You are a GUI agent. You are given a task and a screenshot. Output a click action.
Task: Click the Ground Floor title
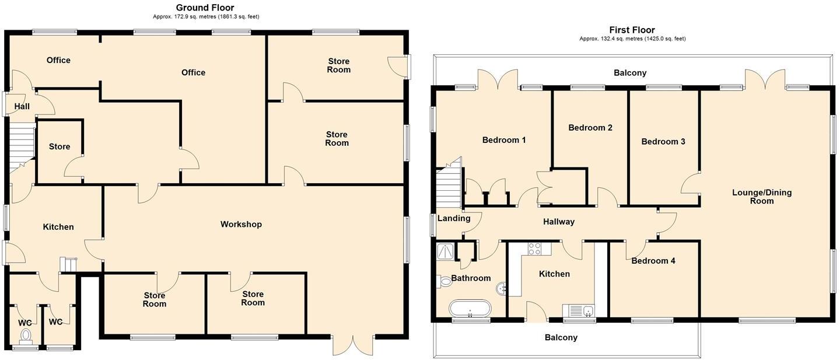205,8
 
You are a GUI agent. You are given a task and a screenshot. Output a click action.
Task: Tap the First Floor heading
632,30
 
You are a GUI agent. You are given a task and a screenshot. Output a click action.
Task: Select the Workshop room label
241,224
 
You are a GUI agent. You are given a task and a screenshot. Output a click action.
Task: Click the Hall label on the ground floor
22,106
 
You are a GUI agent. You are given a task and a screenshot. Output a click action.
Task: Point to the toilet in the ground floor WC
26,335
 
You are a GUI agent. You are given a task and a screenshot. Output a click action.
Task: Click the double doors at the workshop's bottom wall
352,345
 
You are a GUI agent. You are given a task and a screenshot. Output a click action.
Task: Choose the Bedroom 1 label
504,140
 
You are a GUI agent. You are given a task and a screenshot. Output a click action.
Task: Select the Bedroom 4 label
653,261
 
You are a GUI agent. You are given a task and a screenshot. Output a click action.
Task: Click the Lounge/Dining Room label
762,197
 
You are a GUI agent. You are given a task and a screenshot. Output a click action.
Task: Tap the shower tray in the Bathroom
446,251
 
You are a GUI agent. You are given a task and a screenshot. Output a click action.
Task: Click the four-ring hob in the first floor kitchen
535,249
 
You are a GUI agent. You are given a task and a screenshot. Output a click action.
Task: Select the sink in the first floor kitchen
579,310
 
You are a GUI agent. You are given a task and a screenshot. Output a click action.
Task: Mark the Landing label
454,218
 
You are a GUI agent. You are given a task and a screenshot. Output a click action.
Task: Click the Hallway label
558,222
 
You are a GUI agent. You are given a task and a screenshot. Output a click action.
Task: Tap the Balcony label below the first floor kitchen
561,337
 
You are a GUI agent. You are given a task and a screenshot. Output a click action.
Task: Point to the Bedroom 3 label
663,141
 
